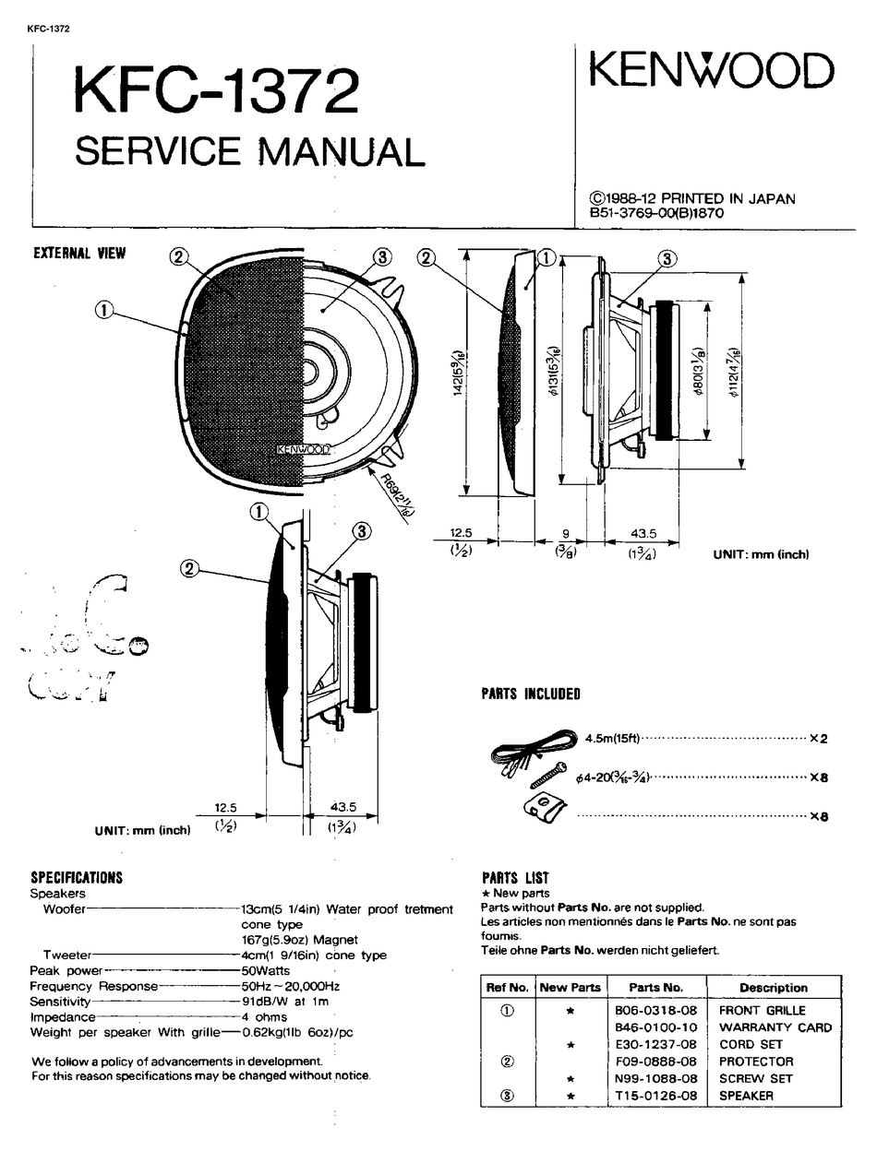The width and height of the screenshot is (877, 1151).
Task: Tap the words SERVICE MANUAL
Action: pyautogui.click(x=249, y=150)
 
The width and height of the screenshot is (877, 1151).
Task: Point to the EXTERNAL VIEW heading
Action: pyautogui.click(x=79, y=254)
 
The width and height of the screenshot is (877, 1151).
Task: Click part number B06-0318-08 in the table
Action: pyautogui.click(x=655, y=1010)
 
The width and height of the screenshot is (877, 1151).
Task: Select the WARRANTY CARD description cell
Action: pyautogui.click(x=775, y=1027)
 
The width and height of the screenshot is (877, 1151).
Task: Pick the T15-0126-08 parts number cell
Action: pyautogui.click(x=655, y=1096)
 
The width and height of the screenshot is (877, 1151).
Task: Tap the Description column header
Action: pyautogui.click(x=773, y=987)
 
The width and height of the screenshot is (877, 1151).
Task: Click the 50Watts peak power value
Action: pyautogui.click(x=266, y=971)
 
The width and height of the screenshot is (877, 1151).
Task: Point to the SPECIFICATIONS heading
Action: pyautogui.click(x=77, y=878)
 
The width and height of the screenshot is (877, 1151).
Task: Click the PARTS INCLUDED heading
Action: pyautogui.click(x=531, y=694)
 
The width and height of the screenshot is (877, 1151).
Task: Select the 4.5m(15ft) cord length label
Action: pyautogui.click(x=612, y=738)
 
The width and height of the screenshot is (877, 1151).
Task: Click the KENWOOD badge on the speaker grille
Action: pyautogui.click(x=304, y=449)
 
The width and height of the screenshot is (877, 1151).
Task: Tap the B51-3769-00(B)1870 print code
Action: pyautogui.click(x=656, y=213)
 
